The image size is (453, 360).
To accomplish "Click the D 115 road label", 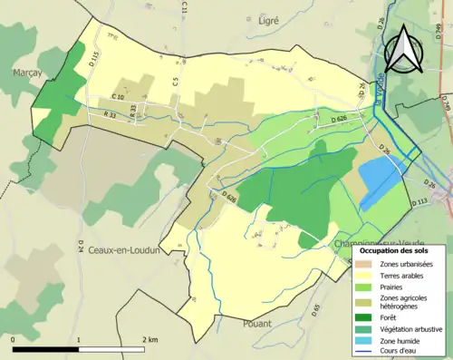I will point(92,62).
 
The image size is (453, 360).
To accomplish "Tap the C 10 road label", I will point(119,96).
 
